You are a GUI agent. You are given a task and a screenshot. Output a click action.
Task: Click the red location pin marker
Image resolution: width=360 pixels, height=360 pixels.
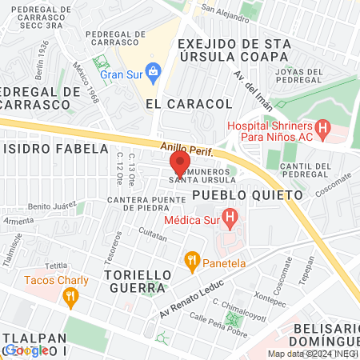[x=178, y=162]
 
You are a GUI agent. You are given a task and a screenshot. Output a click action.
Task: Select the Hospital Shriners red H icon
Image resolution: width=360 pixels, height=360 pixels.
[x=322, y=126]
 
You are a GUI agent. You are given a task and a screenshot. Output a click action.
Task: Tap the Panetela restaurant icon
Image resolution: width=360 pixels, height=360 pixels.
[x=191, y=259]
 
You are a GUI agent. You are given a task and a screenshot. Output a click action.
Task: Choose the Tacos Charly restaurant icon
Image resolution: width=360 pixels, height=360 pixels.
[x=71, y=297]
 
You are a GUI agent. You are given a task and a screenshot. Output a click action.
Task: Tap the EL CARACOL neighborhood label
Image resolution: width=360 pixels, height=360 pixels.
[x=189, y=104]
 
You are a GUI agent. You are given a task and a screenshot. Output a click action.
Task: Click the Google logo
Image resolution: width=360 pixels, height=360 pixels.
[x=25, y=350]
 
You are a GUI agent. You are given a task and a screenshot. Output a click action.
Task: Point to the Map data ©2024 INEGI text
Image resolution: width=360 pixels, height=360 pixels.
[x=313, y=354]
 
